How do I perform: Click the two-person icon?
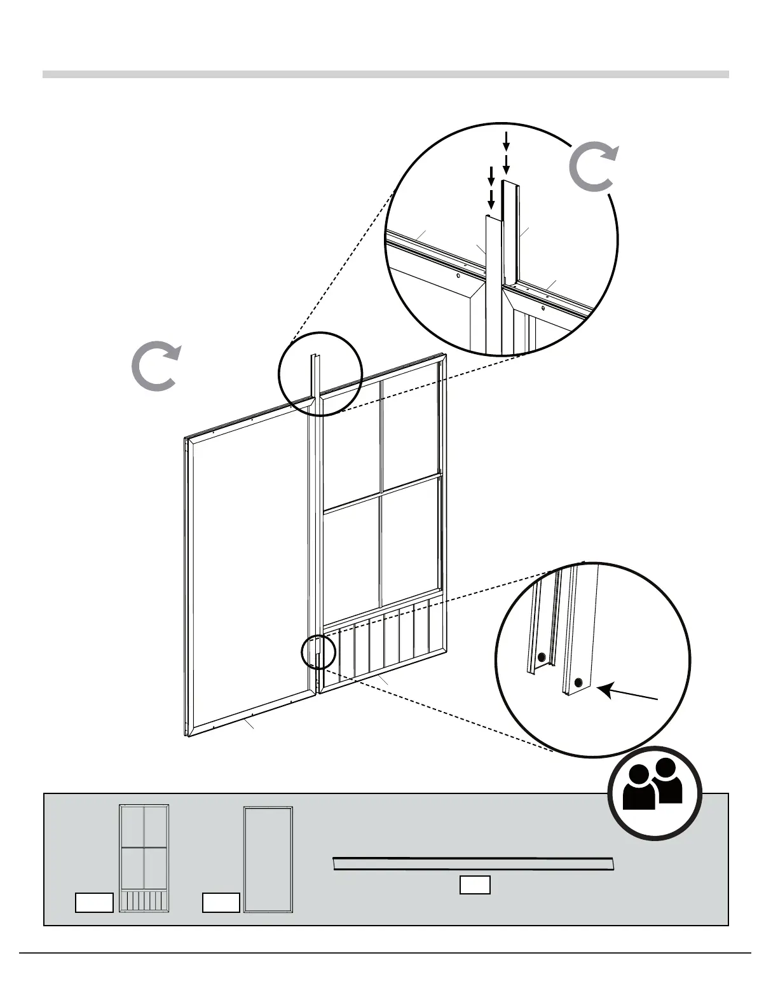click(x=655, y=793)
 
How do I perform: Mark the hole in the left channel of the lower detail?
click(x=541, y=657)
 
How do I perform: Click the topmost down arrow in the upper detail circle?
click(x=506, y=139)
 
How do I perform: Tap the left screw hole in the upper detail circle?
click(x=457, y=277)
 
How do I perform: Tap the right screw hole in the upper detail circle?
click(x=542, y=308)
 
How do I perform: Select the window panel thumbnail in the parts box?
click(x=144, y=858)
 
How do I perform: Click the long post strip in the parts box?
click(x=474, y=865)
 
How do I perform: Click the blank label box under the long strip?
click(x=475, y=885)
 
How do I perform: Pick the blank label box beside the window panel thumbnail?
click(x=94, y=903)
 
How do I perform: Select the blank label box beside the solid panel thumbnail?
click(x=221, y=903)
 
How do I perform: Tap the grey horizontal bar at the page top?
click(x=385, y=74)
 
